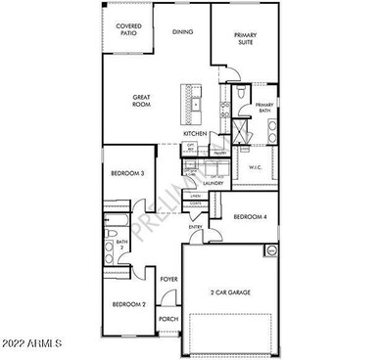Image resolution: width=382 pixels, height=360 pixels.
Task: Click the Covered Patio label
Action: click(x=127, y=29)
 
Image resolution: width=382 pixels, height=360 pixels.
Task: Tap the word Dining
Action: click(x=183, y=32)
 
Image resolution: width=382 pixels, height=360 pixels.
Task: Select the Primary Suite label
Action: click(x=245, y=38)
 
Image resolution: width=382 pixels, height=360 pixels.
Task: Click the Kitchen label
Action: click(x=194, y=134)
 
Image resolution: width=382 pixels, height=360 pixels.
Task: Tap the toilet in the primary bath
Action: click(x=240, y=94)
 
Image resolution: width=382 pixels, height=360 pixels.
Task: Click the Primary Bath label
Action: click(x=264, y=109)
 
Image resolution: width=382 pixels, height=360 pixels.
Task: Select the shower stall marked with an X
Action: click(x=238, y=128)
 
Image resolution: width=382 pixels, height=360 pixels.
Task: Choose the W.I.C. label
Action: click(x=254, y=167)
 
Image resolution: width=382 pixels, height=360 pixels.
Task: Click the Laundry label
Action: click(x=213, y=183)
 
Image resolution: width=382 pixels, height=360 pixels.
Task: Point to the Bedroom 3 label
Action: click(x=127, y=174)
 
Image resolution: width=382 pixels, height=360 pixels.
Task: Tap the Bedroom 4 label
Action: click(x=251, y=217)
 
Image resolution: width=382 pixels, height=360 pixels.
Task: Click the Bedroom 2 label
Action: click(x=127, y=304)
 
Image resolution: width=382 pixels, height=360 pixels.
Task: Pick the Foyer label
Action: click(x=168, y=279)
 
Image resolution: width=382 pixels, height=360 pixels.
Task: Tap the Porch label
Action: click(x=168, y=318)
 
